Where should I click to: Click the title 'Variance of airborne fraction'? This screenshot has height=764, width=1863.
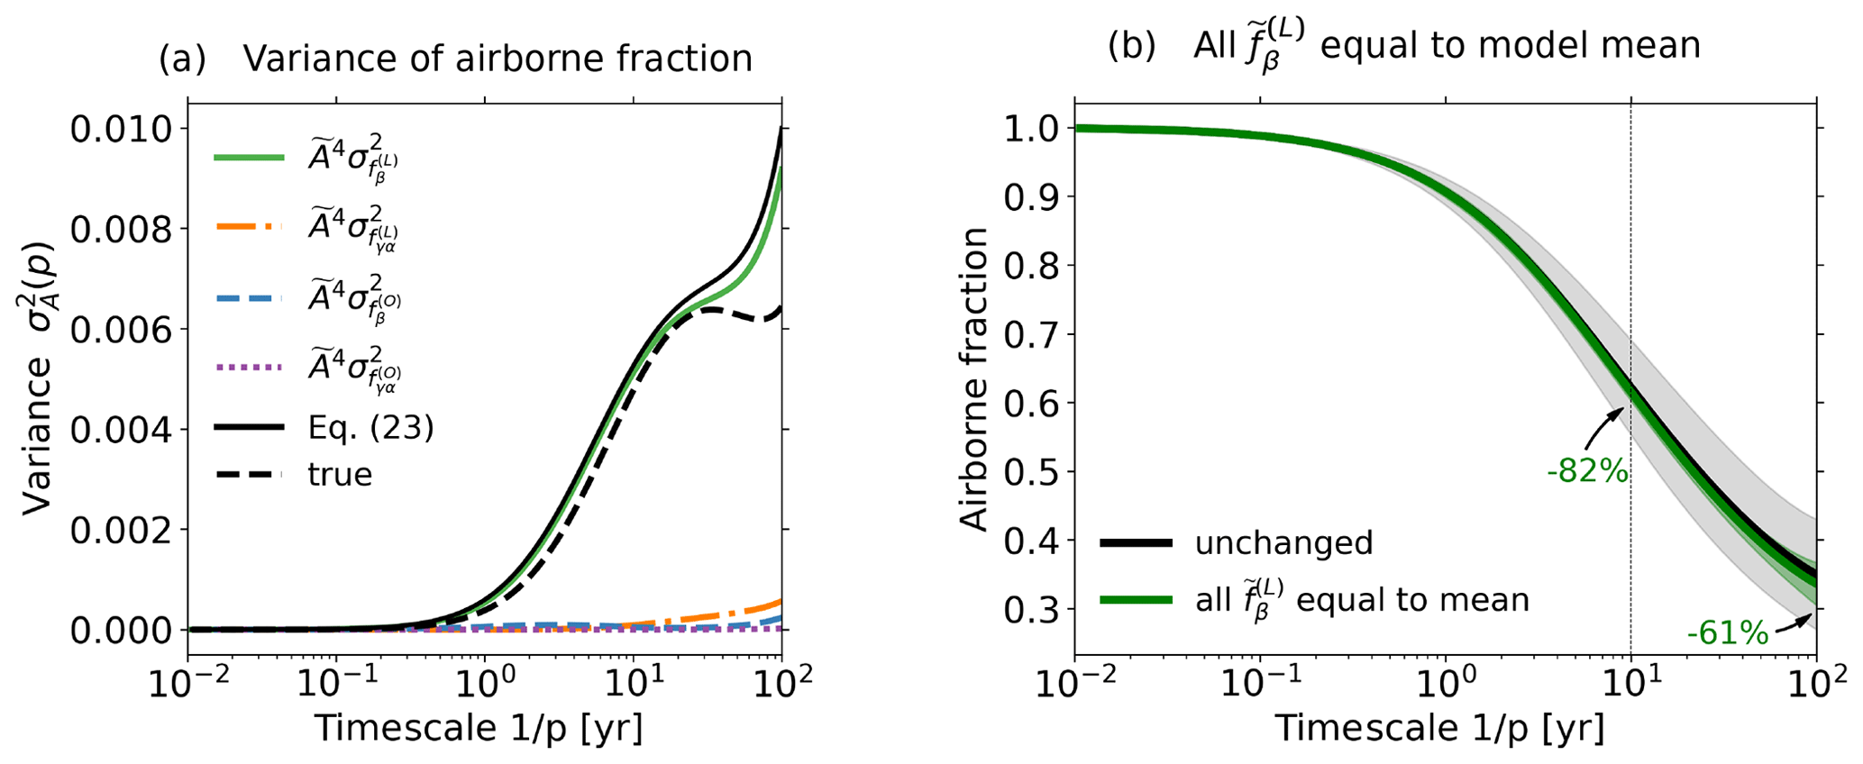[498, 59]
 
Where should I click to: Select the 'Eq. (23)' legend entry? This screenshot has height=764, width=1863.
[370, 428]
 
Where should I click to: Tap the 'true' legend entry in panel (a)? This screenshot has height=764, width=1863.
[340, 474]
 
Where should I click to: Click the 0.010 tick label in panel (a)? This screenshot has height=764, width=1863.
[121, 130]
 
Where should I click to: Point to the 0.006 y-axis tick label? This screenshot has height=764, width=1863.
[121, 331]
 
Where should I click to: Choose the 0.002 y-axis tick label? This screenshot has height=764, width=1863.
[121, 531]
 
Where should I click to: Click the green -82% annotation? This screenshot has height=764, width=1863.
[1587, 471]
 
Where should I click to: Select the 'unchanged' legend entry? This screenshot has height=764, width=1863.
[1283, 543]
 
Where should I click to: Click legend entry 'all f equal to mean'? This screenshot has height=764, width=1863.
[1362, 598]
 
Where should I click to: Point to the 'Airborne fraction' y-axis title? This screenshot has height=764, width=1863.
[974, 378]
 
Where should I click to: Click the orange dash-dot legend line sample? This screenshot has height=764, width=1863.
[249, 227]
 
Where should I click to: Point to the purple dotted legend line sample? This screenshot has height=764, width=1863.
[249, 368]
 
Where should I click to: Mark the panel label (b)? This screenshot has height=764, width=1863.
[1131, 46]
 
